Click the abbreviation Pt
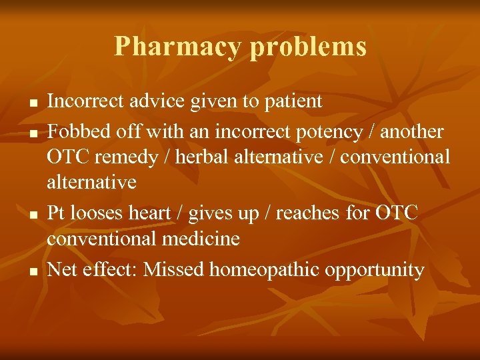click(x=55, y=213)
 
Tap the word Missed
click(x=174, y=269)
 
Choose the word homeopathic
click(x=267, y=269)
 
